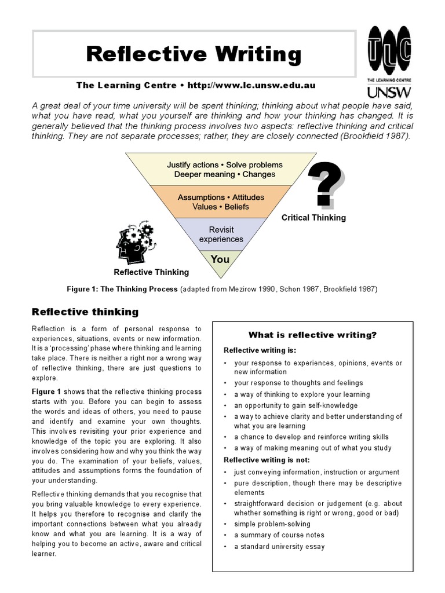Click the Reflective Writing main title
point(194,54)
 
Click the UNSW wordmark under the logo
point(389,91)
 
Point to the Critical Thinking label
point(313,218)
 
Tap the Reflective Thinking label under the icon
point(151,272)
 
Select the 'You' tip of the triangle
point(220,259)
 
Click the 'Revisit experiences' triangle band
point(221,235)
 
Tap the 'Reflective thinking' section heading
point(85,312)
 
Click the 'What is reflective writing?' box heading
point(312,335)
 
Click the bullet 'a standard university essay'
point(279,546)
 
